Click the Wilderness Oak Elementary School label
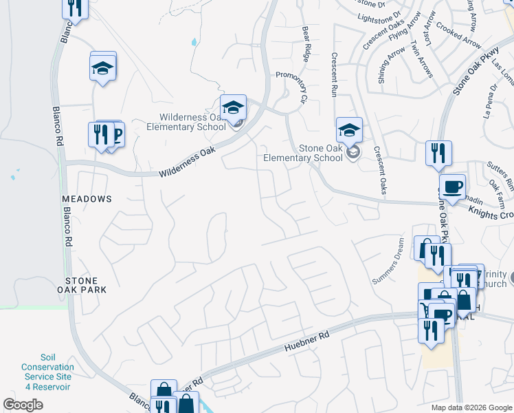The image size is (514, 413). click(x=186, y=121)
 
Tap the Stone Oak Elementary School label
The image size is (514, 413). click(x=303, y=152)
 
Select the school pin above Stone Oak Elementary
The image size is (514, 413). click(x=349, y=129)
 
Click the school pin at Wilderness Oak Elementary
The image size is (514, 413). click(x=234, y=107)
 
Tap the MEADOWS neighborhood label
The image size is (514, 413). click(x=87, y=198)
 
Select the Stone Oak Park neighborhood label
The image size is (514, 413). click(x=86, y=285)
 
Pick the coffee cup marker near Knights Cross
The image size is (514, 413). click(x=452, y=187)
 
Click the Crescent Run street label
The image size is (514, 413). click(x=334, y=74)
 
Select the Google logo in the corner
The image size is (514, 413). click(x=23, y=405)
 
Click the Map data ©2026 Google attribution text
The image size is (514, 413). click(x=471, y=407)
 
